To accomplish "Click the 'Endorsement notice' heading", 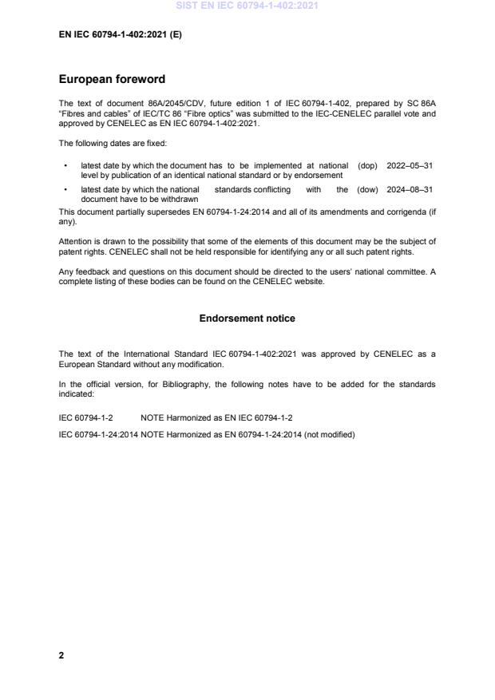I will click(247, 318).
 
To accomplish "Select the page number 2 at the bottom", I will click(61, 656).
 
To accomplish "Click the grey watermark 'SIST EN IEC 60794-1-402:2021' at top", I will click(247, 6).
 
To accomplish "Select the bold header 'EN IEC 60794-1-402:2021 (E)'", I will click(120, 35).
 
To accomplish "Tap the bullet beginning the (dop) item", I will click(65, 166).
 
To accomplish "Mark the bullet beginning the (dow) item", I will click(65, 190).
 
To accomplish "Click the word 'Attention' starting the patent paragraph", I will click(76, 240).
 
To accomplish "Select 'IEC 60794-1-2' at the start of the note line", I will click(85, 417).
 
